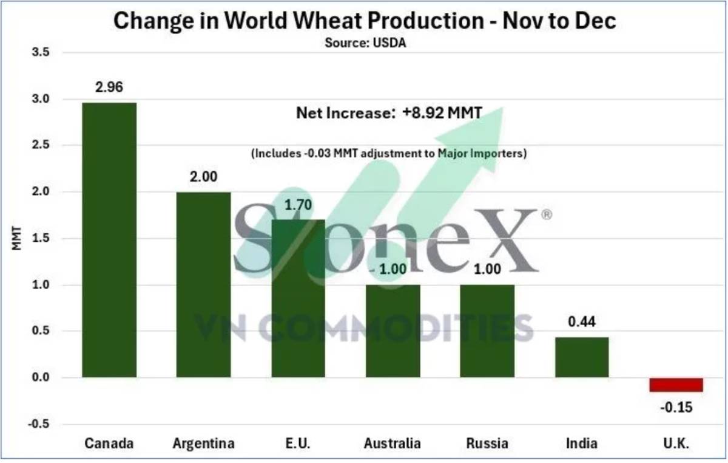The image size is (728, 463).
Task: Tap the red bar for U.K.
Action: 676,385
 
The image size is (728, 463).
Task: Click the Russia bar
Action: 487,331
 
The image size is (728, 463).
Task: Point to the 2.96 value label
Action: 109,87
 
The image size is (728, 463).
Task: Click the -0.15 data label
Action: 676,406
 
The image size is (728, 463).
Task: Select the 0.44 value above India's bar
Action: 581,321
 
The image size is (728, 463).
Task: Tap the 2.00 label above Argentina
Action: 204,177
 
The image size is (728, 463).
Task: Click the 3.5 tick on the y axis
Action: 40,53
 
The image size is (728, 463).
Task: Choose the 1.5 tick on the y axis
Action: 40,239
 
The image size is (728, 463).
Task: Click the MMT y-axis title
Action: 16,239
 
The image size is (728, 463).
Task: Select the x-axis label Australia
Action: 392,443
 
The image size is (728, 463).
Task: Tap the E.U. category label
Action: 297,443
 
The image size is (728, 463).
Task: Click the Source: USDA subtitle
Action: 365,43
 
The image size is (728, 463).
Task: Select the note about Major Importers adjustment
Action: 388,154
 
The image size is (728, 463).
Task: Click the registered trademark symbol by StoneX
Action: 546,215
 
